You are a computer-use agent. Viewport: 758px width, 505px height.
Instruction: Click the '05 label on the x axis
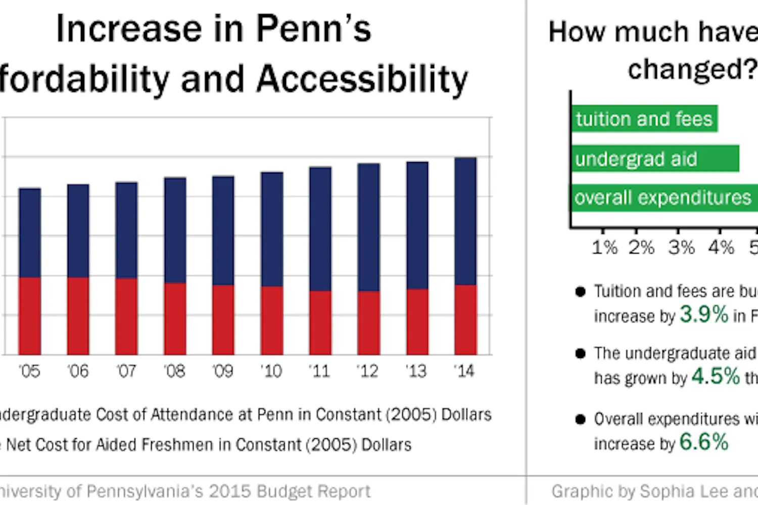tap(29, 372)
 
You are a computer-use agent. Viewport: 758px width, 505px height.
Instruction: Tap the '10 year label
tap(271, 372)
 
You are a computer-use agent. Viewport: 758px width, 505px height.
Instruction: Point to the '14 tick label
tap(464, 372)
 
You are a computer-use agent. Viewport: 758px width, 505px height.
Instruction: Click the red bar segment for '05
tap(30, 316)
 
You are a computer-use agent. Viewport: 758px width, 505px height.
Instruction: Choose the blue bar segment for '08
tap(175, 230)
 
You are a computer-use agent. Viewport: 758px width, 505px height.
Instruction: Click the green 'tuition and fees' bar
tap(644, 119)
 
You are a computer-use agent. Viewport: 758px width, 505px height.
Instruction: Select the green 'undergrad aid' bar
tap(655, 159)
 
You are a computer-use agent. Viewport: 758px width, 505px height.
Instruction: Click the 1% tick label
tap(604, 247)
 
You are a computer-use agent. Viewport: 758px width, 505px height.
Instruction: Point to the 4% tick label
tap(721, 247)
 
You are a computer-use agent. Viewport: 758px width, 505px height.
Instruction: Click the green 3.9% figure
tap(704, 314)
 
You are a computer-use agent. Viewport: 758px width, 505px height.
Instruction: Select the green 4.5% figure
tap(716, 376)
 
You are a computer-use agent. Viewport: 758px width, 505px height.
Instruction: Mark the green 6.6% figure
tap(704, 442)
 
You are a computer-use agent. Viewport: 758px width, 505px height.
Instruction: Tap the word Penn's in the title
tap(314, 29)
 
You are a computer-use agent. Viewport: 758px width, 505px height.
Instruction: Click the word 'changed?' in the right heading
tap(692, 69)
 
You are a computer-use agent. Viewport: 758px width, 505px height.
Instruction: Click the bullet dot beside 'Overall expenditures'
tap(580, 419)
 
